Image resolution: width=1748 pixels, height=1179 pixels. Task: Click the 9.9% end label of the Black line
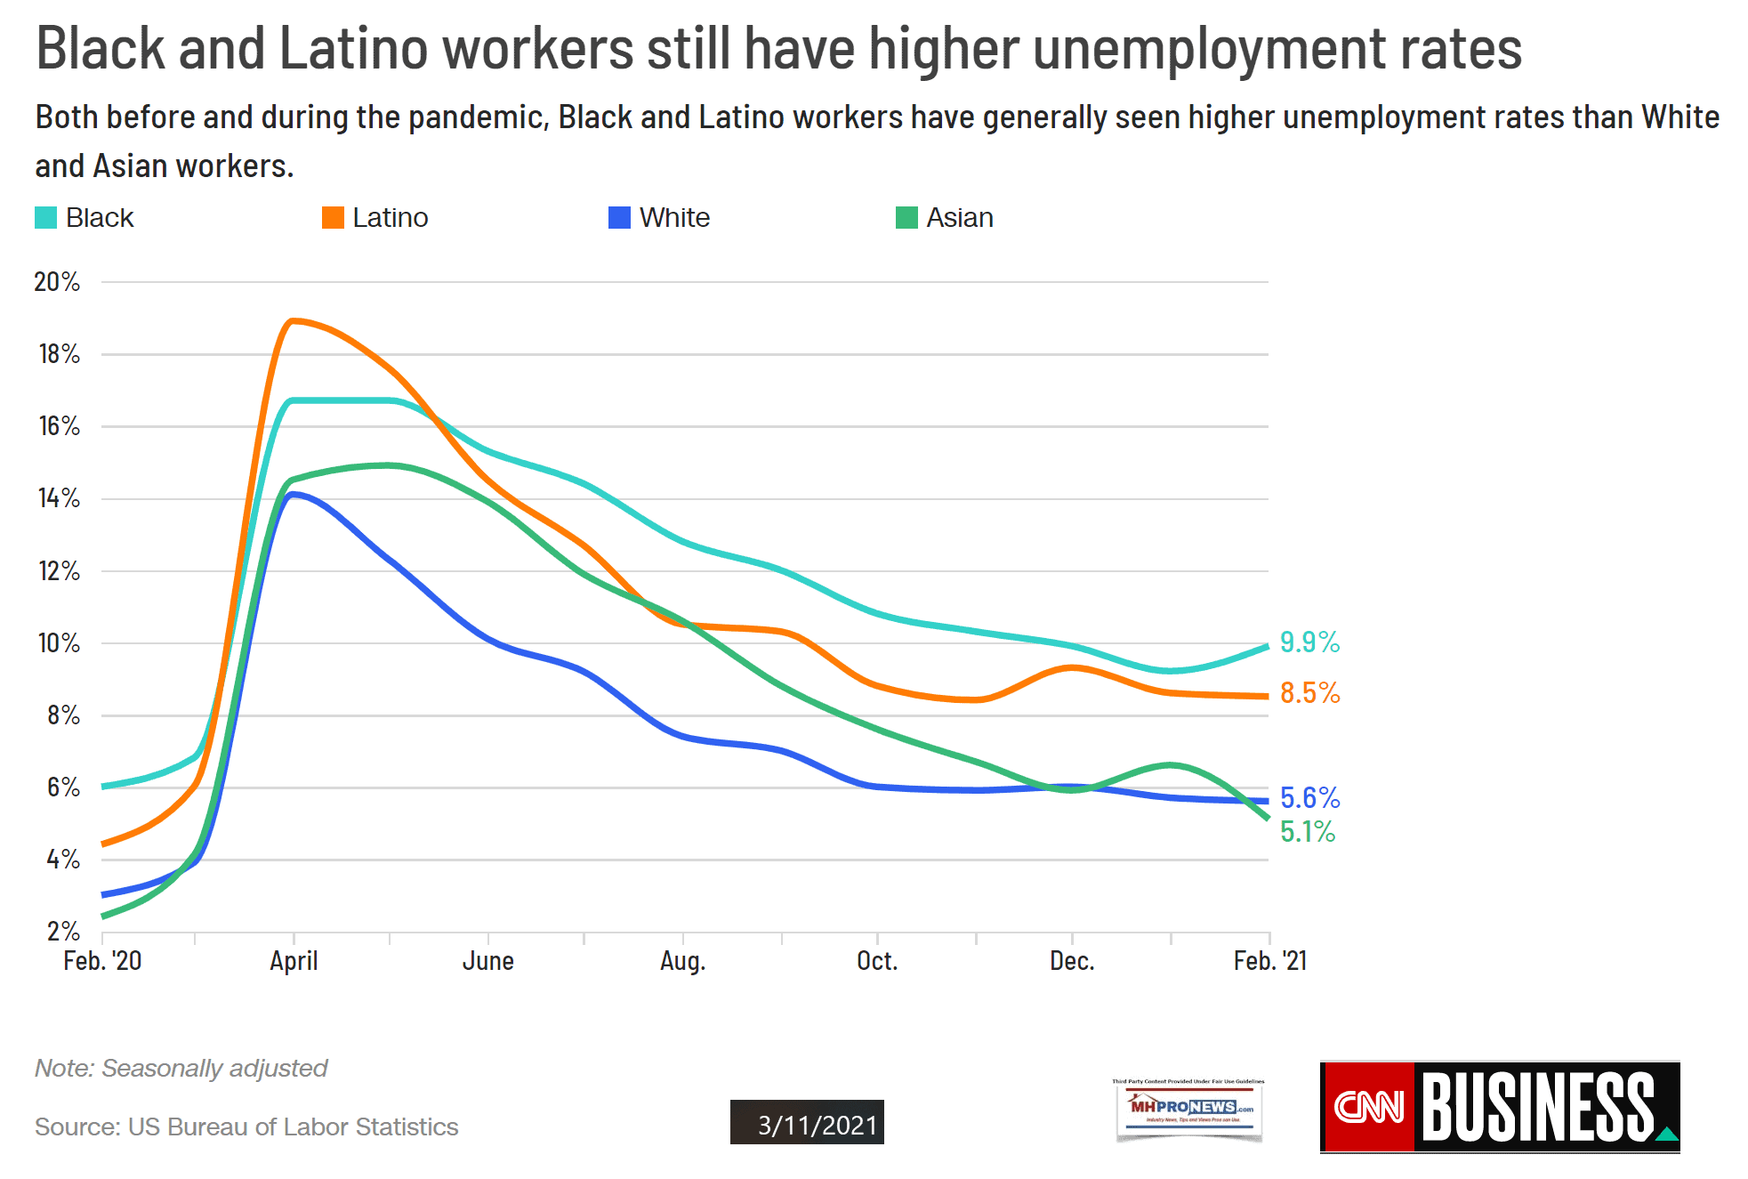coord(1309,642)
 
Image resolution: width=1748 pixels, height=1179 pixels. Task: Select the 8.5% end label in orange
coord(1309,692)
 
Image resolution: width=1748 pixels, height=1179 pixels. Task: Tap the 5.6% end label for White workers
coord(1309,797)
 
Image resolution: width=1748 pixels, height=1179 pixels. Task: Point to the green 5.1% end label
coord(1307,831)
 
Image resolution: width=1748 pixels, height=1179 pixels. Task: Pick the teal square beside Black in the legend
coord(45,218)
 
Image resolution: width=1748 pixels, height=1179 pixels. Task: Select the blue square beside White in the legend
coord(619,218)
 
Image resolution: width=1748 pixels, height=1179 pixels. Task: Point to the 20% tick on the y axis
coord(57,282)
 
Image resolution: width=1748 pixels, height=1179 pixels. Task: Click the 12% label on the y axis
coord(59,571)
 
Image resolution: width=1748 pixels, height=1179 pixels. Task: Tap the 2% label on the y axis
coord(63,932)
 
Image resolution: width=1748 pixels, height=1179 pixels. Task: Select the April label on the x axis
coord(294,961)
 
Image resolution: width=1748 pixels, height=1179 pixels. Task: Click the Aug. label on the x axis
coord(682,961)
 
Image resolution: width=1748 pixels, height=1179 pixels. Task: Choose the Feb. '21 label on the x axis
coord(1269,961)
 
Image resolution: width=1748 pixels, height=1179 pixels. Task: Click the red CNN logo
coord(1367,1107)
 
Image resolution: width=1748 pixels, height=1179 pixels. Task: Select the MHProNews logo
coord(1189,1108)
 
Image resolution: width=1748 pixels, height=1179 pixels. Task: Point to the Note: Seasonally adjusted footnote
coord(181,1068)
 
